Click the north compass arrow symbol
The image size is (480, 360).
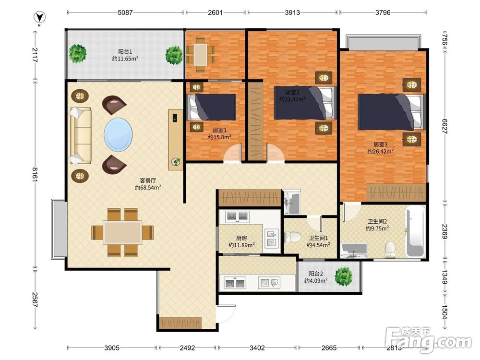40,17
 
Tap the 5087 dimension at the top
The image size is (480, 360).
125,12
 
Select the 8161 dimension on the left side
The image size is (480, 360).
35,175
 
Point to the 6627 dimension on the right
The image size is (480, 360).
444,126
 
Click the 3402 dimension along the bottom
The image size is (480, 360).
257,348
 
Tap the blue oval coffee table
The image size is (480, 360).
118,135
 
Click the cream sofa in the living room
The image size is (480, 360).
81,136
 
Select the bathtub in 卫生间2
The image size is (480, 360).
415,232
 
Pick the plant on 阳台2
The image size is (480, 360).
344,276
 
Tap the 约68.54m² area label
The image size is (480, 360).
148,187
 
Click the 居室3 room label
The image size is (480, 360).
381,144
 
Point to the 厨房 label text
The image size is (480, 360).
241,238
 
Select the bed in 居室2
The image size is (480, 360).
305,103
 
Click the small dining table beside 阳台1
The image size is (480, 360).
201,55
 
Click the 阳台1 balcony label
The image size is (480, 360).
125,51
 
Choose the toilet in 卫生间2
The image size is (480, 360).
390,250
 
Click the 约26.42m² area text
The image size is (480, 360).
381,152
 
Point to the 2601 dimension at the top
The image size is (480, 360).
215,12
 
